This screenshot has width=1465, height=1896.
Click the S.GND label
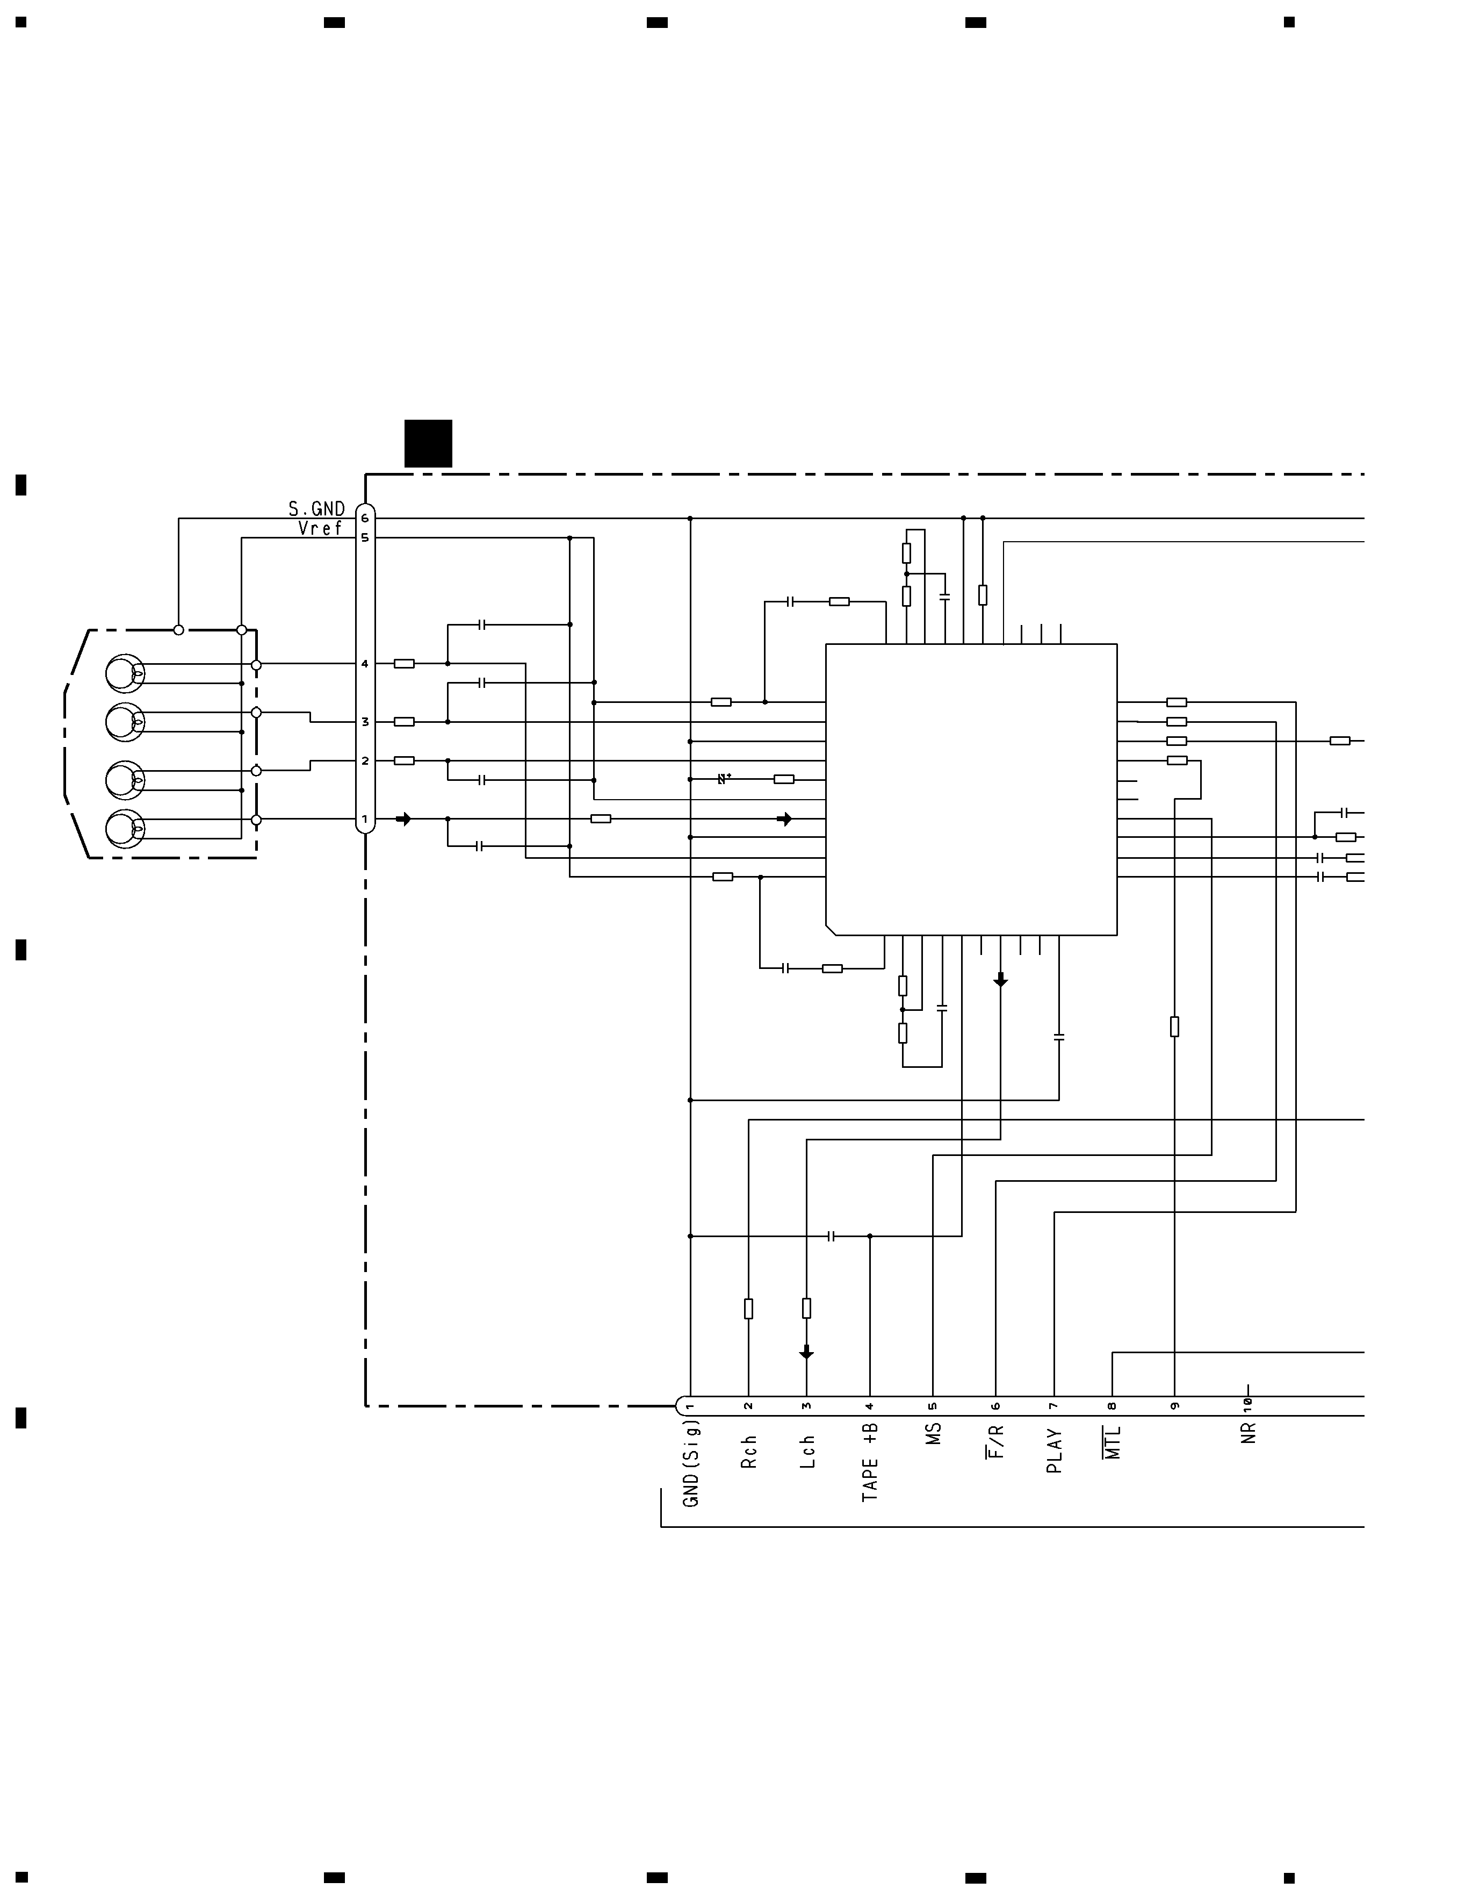[317, 509]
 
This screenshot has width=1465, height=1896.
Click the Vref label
[320, 528]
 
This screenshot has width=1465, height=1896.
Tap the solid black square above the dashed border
[428, 443]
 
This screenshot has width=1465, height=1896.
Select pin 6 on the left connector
[365, 518]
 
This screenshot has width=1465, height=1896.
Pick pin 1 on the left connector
[365, 818]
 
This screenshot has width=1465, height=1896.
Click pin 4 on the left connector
[365, 664]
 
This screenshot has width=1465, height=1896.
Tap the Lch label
[807, 1452]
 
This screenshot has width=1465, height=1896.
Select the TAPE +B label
[870, 1462]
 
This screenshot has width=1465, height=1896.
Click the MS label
[934, 1433]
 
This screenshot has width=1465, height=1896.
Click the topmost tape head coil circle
[125, 674]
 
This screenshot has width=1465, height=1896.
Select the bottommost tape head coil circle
[125, 829]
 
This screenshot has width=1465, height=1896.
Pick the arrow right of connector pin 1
[403, 818]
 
